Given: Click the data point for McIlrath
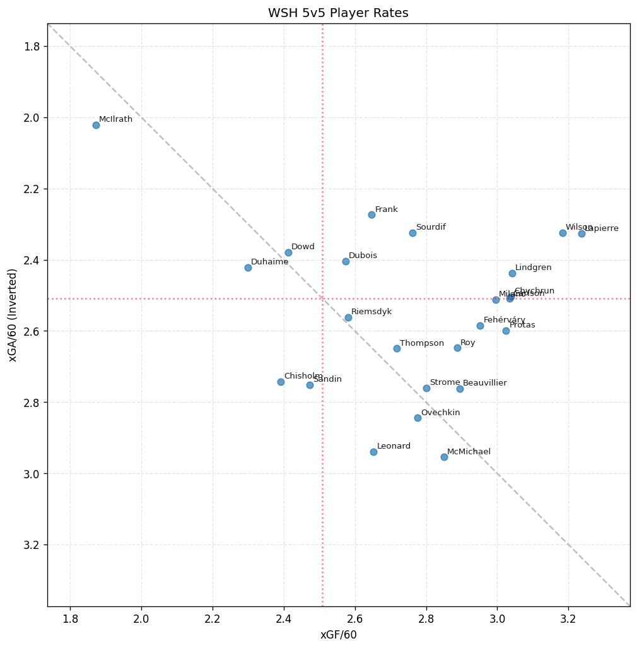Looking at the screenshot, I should pyautogui.click(x=96, y=125).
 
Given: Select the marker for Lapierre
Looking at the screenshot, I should pyautogui.click(x=581, y=233).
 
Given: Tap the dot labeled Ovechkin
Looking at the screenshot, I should pyautogui.click(x=418, y=418).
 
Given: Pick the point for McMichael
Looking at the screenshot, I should pyautogui.click(x=444, y=457).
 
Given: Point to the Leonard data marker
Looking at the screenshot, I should pyautogui.click(x=373, y=452).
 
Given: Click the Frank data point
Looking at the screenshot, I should pyautogui.click(x=371, y=215).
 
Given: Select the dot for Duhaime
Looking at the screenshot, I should pyautogui.click(x=248, y=268).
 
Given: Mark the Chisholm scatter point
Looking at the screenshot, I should pyautogui.click(x=281, y=382).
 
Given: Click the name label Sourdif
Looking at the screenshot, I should pyautogui.click(x=431, y=227).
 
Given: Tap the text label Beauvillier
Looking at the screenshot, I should pyautogui.click(x=484, y=383).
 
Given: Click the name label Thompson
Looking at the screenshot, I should pyautogui.click(x=421, y=343).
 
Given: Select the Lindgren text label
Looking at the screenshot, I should pyautogui.click(x=533, y=268).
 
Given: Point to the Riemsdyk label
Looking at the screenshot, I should pyautogui.click(x=371, y=312).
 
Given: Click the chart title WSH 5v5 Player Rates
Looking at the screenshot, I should pyautogui.click(x=338, y=13).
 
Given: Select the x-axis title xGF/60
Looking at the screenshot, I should pyautogui.click(x=338, y=635).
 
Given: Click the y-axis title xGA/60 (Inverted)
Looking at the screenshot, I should pyautogui.click(x=13, y=315).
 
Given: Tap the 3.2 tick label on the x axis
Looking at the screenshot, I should pyautogui.click(x=568, y=619).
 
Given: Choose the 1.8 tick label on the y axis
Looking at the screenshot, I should pyautogui.click(x=32, y=47).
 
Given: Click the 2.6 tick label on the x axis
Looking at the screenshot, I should pyautogui.click(x=354, y=619).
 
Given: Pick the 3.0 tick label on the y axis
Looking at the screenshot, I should pyautogui.click(x=32, y=474).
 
